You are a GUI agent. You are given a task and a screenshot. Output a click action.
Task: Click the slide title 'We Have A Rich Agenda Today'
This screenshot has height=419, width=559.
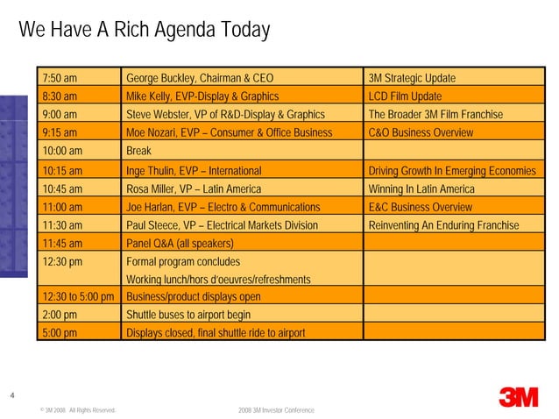(144, 31)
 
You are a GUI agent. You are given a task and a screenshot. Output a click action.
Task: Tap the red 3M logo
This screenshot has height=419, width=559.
(518, 396)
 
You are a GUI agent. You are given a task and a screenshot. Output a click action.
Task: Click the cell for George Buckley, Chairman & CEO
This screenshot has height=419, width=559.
(200, 78)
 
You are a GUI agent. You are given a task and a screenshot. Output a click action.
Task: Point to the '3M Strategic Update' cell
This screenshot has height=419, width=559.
(412, 78)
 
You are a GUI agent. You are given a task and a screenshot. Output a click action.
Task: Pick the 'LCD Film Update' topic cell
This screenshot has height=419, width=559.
(405, 96)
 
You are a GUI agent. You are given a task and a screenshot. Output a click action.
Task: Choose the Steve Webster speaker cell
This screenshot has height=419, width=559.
(226, 115)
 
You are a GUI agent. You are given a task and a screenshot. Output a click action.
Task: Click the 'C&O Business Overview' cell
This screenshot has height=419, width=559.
(421, 133)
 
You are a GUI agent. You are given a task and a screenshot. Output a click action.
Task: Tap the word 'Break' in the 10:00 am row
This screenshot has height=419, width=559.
(139, 152)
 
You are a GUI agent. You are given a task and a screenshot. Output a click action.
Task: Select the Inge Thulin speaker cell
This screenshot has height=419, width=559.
(194, 170)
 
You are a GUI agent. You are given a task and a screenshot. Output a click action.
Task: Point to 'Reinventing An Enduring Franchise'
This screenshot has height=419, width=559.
(444, 225)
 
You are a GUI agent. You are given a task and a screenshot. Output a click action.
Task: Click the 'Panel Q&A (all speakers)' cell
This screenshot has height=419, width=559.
(180, 244)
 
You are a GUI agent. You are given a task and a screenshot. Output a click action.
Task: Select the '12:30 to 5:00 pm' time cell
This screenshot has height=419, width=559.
(78, 297)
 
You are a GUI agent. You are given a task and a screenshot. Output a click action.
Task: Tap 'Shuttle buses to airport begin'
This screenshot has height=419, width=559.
(188, 315)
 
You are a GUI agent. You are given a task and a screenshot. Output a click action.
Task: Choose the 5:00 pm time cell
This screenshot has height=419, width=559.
(60, 333)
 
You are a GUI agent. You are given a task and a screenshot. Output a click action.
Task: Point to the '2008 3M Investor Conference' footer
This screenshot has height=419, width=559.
(276, 410)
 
